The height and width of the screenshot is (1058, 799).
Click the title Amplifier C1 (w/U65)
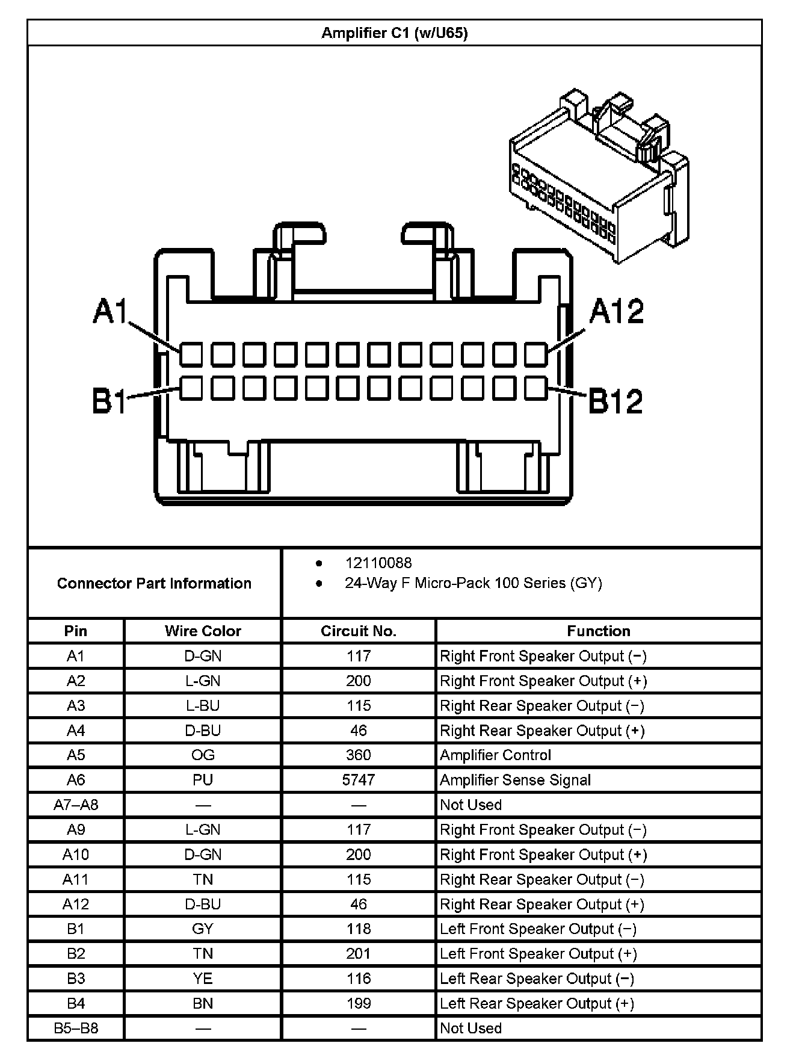pos(394,32)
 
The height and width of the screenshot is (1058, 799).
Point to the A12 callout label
pos(616,311)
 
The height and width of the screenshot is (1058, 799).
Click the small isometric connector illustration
pos(598,175)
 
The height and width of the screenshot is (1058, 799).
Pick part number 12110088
pos(378,563)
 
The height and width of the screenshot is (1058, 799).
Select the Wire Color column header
pos(203,631)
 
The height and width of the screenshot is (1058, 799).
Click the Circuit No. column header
pos(359,631)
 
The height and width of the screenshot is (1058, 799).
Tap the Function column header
pos(598,631)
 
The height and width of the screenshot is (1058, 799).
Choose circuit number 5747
pos(359,780)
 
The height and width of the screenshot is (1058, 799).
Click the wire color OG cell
pos(203,755)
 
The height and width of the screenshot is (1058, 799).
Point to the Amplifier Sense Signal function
pos(515,780)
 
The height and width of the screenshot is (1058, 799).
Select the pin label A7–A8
pos(76,805)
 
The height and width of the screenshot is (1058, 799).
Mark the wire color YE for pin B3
pos(203,979)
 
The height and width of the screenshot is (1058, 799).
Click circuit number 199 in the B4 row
pos(359,1003)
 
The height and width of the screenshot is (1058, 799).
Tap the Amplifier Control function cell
pos(495,755)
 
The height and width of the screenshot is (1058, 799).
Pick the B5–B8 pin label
pos(76,1028)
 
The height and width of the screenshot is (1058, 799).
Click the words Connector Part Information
pos(154,583)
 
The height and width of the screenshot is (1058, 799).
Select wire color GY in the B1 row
pos(203,929)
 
